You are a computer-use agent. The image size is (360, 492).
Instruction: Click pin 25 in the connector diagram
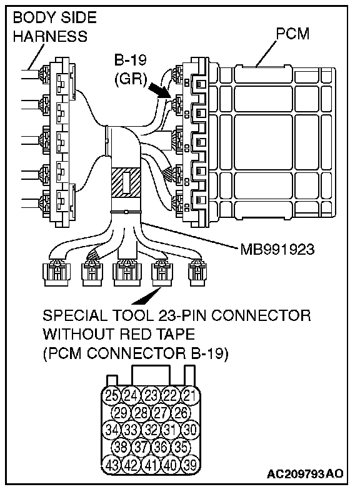tap(111, 395)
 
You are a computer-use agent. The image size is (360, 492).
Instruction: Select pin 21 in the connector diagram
tap(190, 395)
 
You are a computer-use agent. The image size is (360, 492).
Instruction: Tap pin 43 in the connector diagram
tap(111, 464)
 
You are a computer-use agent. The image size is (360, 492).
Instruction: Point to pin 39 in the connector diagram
tap(190, 464)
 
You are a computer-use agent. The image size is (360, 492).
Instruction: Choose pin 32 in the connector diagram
tap(151, 429)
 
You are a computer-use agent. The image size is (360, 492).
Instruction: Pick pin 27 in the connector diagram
tap(161, 412)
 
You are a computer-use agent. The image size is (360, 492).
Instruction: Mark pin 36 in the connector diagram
tap(161, 446)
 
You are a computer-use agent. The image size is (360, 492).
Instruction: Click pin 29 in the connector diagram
tap(121, 412)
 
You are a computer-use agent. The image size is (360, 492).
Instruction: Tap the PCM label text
tap(292, 34)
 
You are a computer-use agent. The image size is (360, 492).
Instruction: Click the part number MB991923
tap(277, 250)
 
